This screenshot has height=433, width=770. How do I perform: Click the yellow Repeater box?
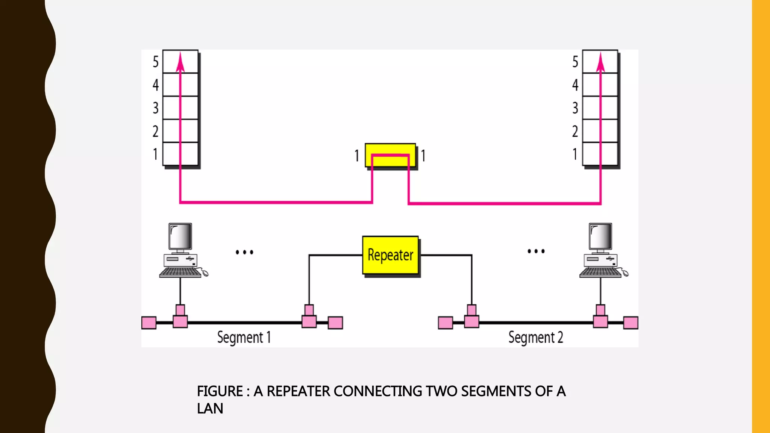[x=390, y=255]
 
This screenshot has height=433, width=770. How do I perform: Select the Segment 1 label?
[x=244, y=337]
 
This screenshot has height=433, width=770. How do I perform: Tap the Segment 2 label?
[x=535, y=337]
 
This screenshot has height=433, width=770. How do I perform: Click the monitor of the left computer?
[x=180, y=236]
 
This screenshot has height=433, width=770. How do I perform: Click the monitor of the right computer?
[x=600, y=236]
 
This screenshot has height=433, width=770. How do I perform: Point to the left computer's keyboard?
[x=180, y=272]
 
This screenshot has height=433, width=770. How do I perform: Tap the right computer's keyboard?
[x=600, y=272]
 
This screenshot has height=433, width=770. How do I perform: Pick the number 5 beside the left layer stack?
[x=155, y=62]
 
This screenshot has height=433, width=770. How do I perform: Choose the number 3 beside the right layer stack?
[x=575, y=108]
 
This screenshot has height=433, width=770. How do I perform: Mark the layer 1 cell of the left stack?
[x=180, y=154]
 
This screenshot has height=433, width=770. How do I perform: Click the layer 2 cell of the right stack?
[x=600, y=131]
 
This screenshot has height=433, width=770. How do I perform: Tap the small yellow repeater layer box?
[x=390, y=155]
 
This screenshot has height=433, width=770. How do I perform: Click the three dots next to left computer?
[x=244, y=252]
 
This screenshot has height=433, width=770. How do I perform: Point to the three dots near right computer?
[x=536, y=251]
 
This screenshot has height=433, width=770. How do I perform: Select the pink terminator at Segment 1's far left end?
[x=149, y=323]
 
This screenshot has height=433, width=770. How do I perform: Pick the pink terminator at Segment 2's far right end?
[x=631, y=323]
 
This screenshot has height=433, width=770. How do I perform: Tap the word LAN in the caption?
[x=210, y=409]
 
